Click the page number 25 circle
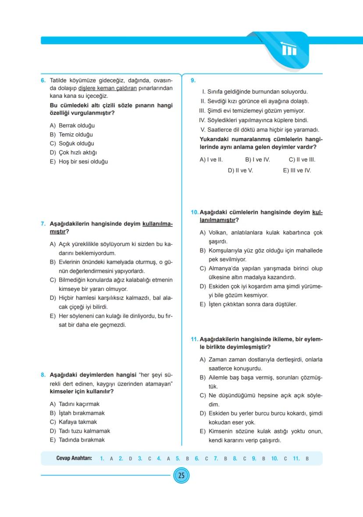(x=181, y=476)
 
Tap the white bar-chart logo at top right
(x=289, y=50)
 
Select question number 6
(x=43, y=81)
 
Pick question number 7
(x=43, y=223)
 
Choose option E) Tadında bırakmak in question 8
(x=77, y=439)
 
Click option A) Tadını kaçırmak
(x=75, y=404)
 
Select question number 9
(x=193, y=81)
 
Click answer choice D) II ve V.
(x=240, y=170)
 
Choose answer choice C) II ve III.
(x=302, y=160)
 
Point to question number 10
(x=195, y=212)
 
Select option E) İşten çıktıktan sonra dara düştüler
(x=248, y=304)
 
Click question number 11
(x=195, y=339)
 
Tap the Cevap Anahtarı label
(x=74, y=458)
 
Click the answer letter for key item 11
(x=307, y=459)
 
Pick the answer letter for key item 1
(x=111, y=459)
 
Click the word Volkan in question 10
(x=217, y=232)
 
